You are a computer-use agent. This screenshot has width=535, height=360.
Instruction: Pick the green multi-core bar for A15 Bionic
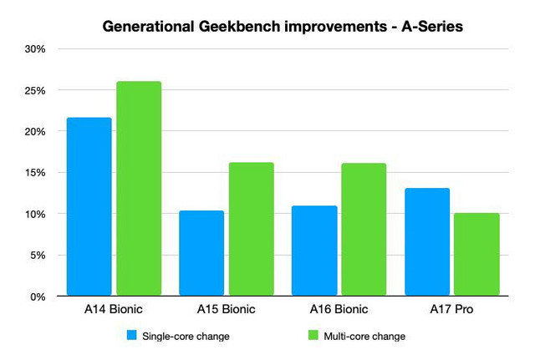(252, 229)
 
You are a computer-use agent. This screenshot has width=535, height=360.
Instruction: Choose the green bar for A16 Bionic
(364, 229)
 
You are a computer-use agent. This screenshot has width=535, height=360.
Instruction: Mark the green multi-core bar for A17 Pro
(476, 254)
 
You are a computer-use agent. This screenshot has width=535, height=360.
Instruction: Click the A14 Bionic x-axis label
(114, 309)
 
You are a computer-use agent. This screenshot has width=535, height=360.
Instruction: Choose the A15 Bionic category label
(227, 309)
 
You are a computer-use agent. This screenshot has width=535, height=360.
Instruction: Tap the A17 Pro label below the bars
(451, 309)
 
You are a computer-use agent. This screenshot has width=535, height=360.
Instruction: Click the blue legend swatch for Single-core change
(131, 336)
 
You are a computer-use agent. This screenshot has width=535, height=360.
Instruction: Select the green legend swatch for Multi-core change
(314, 336)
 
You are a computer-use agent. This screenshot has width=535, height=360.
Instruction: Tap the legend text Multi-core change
(366, 336)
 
